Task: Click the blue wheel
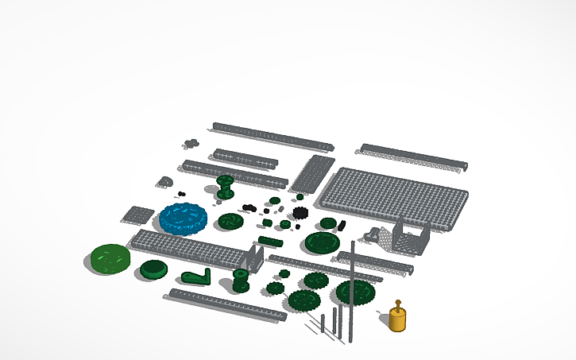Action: [184, 218]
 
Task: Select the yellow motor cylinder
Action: [398, 319]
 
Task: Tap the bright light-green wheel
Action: [110, 258]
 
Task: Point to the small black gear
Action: [300, 213]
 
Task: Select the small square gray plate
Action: [137, 215]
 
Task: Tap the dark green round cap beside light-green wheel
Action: [153, 269]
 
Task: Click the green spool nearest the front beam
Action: [240, 280]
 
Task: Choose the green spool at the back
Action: [226, 188]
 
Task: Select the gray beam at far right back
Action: [413, 157]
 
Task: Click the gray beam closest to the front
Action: [225, 305]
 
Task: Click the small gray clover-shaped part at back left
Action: [190, 144]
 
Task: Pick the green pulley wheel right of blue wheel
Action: [230, 220]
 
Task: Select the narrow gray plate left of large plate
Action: [311, 174]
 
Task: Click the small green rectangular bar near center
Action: [270, 241]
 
